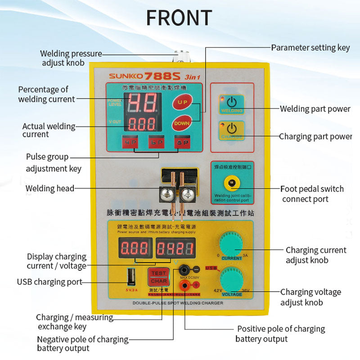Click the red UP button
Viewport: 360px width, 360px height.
[182, 102]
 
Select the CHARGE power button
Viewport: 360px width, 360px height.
[232, 130]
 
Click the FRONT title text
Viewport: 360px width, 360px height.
[179, 18]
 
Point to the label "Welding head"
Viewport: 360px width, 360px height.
[50, 188]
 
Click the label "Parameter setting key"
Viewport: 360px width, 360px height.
[310, 47]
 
